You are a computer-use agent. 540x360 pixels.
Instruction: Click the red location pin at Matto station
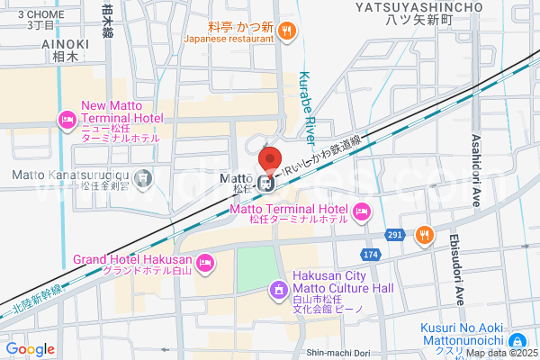point(267,160)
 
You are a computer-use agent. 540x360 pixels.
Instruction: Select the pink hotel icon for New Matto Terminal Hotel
point(67,119)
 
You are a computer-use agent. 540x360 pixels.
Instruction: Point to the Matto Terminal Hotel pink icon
point(362,212)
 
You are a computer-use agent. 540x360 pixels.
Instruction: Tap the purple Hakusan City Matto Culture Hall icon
point(278,290)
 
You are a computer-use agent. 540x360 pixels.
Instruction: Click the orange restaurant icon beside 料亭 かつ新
point(287,31)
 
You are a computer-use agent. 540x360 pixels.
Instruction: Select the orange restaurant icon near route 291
point(425,236)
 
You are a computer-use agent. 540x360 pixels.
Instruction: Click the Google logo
point(30,349)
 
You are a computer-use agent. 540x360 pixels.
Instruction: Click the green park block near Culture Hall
point(256,267)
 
